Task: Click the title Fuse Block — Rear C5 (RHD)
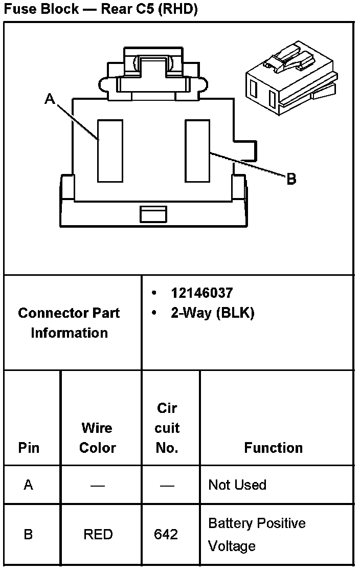101,9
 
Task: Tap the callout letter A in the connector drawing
50,99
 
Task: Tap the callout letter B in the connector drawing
291,179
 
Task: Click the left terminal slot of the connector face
110,151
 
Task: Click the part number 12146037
201,293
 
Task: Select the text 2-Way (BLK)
212,313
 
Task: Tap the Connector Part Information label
69,323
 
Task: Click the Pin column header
29,448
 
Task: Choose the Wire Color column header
97,437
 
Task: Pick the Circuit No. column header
167,428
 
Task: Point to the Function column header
273,448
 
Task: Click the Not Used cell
237,485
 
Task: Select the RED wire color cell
98,534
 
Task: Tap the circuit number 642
166,534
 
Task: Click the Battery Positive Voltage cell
257,534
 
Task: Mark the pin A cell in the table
29,485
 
